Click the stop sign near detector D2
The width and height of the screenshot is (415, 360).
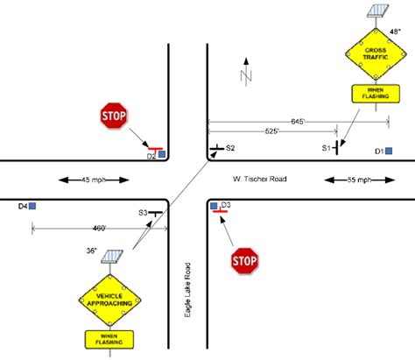pos(114,116)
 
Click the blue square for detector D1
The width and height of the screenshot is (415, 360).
pos(389,152)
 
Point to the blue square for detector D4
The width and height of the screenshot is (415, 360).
pos(32,208)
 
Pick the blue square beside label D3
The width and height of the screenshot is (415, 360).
pos(215,206)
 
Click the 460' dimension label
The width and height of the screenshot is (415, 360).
pos(96,227)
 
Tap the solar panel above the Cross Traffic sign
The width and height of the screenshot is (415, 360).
pos(377,12)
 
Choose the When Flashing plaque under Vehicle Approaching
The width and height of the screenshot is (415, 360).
pos(109,337)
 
